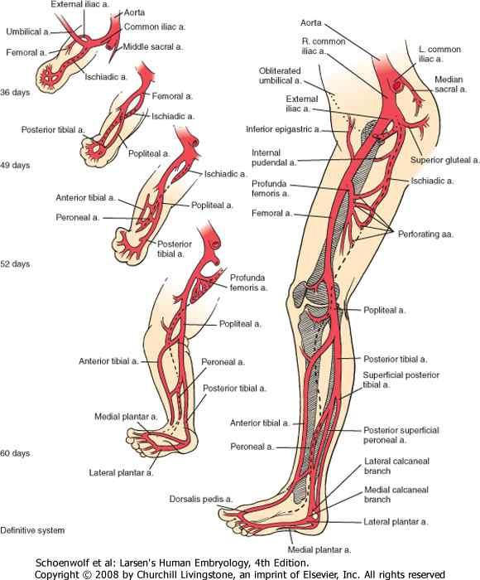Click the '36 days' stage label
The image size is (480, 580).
15,92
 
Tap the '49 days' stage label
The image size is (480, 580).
15,165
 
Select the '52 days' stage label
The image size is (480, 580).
15,264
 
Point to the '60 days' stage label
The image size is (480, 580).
15,453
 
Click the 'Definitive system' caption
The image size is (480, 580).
32,530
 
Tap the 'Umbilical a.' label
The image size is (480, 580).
27,31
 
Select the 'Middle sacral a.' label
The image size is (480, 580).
152,47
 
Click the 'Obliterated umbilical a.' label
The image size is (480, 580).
280,75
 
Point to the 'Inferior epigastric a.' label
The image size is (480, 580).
283,129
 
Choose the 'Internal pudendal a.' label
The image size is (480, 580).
274,157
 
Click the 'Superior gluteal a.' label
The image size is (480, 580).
445,160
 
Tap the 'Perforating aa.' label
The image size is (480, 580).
425,234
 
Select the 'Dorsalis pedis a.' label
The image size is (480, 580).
201,499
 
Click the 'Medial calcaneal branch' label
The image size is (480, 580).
396,495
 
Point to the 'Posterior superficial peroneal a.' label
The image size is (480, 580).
401,435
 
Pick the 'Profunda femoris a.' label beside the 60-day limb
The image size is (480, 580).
248,283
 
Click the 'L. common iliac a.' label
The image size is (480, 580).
439,54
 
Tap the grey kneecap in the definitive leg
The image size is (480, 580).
299,293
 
